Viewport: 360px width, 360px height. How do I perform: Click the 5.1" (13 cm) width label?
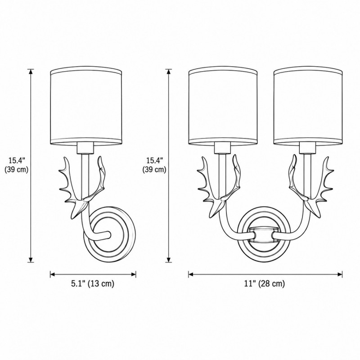pyautogui.click(x=93, y=283)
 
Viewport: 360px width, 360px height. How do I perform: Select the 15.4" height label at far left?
pyautogui.click(x=16, y=160)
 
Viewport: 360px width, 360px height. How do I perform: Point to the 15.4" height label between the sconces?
pyautogui.click(x=154, y=160)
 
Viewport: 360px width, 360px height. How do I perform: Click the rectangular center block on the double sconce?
pyautogui.click(x=263, y=235)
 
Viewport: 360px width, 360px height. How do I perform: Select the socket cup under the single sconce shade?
pyautogui.click(x=85, y=148)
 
